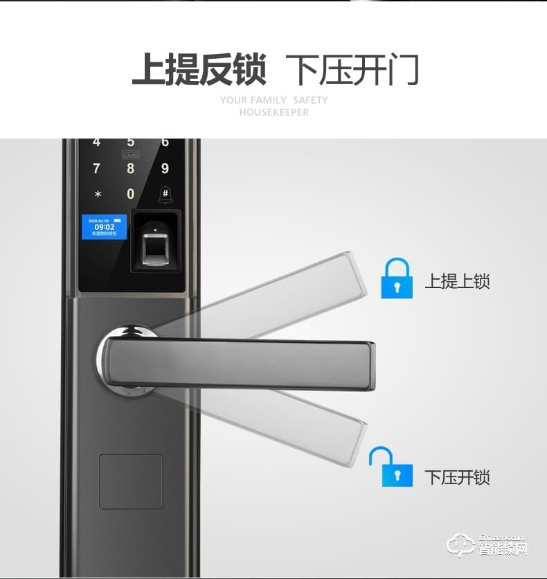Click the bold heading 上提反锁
tap(199, 70)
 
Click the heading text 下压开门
tap(352, 70)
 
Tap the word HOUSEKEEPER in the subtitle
tap(274, 112)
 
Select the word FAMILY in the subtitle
tap(269, 100)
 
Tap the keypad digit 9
tap(165, 168)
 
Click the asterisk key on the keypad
tap(98, 195)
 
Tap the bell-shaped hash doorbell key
tap(165, 194)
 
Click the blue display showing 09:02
tap(104, 226)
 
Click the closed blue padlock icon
tap(396, 279)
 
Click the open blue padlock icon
tap(392, 467)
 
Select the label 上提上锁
tap(457, 282)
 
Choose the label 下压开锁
tap(457, 478)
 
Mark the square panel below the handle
tap(131, 481)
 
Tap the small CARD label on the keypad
tap(131, 156)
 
